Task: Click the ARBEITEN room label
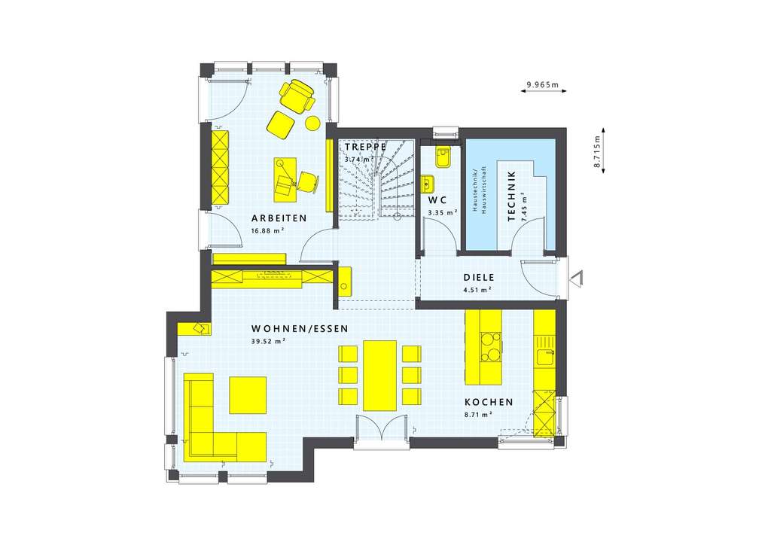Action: [279, 218]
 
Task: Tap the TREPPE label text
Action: [365, 147]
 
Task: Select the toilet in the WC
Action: [442, 157]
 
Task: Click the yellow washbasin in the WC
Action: [428, 184]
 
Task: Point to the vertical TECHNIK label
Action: [512, 196]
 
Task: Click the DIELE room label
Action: [477, 276]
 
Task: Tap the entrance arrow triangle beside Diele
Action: [576, 278]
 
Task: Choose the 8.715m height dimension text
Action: [596, 154]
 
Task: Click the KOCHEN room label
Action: [489, 402]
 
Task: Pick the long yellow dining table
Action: [379, 375]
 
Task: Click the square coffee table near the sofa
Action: [248, 394]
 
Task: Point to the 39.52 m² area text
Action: [269, 341]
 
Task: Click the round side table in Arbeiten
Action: [311, 123]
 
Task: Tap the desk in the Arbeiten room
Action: [285, 179]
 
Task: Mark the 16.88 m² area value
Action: [268, 230]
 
